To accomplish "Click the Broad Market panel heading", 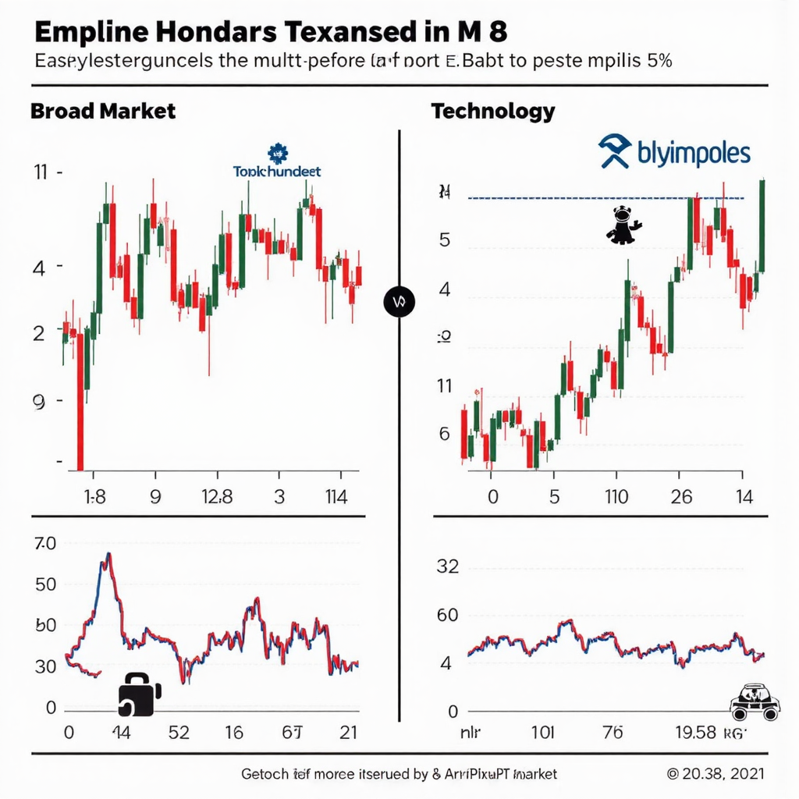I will tap(102, 111).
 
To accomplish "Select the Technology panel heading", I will tap(492, 111).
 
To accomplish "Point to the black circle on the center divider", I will tap(399, 301).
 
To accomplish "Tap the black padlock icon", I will tap(138, 692).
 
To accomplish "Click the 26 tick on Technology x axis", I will tap(681, 497).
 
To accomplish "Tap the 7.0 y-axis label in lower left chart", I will tap(45, 545).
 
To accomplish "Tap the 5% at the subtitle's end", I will tap(656, 63).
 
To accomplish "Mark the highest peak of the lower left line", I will tap(108, 554).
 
